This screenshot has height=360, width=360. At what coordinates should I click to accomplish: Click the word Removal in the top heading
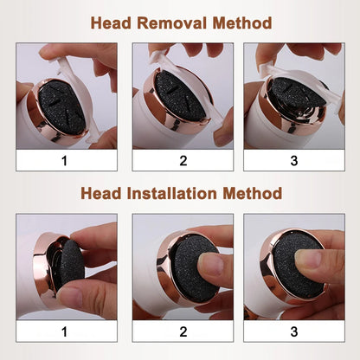[x=170, y=22]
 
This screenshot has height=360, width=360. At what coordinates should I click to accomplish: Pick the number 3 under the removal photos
[x=293, y=161]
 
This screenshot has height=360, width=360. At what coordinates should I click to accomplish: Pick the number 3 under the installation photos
[x=293, y=331]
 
